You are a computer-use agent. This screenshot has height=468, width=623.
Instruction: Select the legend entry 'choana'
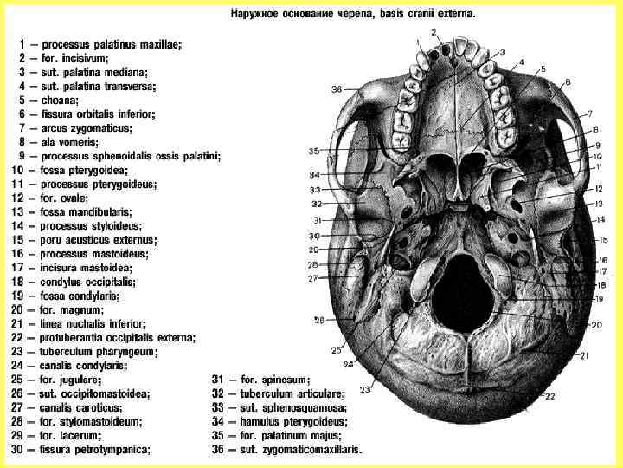[58, 100]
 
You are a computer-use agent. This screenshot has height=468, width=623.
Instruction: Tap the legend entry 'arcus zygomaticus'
[86, 127]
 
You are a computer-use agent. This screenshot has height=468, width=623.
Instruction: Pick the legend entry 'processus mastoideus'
[94, 254]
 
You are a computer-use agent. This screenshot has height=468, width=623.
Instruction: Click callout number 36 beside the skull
[337, 89]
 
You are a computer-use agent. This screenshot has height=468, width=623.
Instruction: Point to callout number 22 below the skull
[550, 397]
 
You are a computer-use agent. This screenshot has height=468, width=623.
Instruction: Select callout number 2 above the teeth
[434, 34]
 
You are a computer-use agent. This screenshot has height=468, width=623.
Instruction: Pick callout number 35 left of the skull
[314, 152]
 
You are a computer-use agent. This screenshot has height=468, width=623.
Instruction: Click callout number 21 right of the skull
[584, 355]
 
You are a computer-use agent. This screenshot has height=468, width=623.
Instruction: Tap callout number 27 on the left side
[312, 278]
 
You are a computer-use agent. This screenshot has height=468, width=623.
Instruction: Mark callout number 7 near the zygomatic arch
[588, 114]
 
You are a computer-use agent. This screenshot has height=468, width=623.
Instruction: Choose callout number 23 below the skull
[365, 390]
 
